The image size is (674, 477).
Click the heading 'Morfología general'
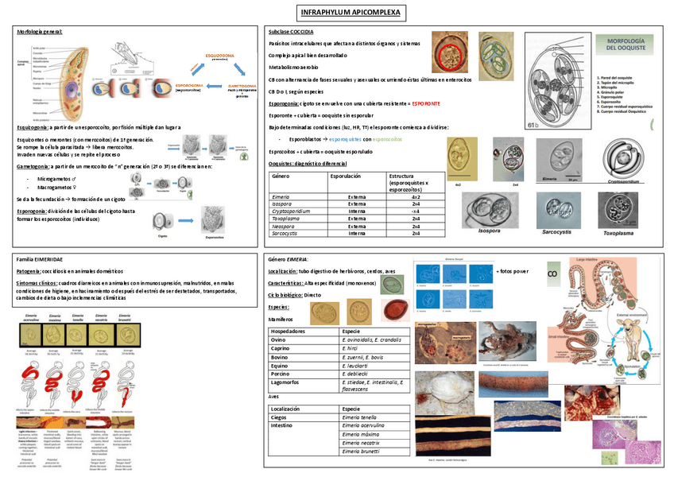click(x=40, y=32)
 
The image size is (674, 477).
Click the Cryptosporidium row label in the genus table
click(x=293, y=211)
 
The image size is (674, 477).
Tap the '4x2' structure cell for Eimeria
click(x=416, y=196)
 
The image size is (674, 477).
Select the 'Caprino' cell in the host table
click(x=281, y=347)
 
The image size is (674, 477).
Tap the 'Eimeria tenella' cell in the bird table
click(x=358, y=417)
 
